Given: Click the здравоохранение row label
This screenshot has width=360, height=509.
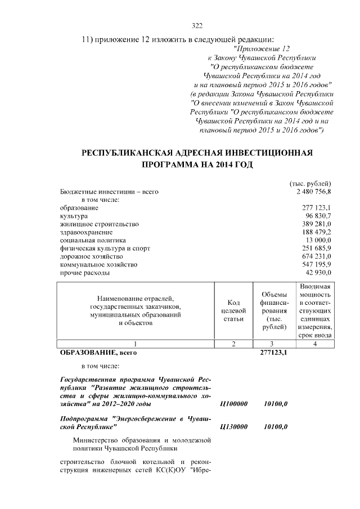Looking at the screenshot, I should (86, 232).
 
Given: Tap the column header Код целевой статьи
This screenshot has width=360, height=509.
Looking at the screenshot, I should (233, 310).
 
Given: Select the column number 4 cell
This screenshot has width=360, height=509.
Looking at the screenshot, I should (315, 344).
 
